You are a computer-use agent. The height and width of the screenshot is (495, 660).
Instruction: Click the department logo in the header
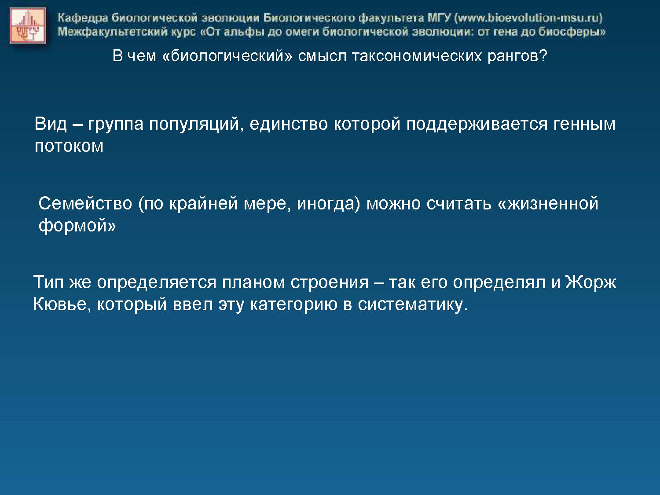(28, 26)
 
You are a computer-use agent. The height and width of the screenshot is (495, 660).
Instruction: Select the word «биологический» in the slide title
(227, 56)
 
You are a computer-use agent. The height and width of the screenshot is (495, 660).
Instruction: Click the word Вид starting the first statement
(51, 124)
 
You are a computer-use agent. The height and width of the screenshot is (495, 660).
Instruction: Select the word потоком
(69, 147)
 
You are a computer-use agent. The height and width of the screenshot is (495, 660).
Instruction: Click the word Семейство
(85, 203)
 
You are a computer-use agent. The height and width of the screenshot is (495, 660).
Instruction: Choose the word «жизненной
(548, 203)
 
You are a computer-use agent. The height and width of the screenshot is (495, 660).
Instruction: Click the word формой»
(77, 226)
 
